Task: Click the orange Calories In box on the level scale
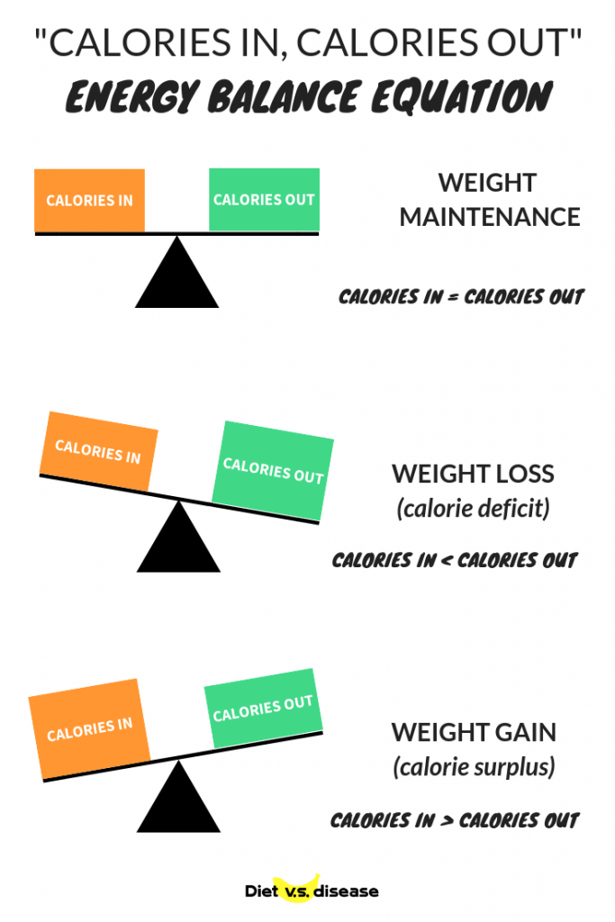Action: (89, 201)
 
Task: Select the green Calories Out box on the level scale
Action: (264, 199)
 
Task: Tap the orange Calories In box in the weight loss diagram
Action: (99, 452)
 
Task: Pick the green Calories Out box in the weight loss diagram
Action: (273, 471)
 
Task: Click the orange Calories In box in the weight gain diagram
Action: (89, 729)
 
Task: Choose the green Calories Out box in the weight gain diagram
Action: (264, 708)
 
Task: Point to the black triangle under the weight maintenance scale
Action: (177, 272)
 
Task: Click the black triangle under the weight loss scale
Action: (179, 537)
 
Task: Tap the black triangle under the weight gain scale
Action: (179, 796)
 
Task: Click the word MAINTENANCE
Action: (490, 218)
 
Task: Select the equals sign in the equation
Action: (453, 297)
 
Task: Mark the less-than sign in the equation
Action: (447, 561)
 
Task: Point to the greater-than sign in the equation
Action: (447, 821)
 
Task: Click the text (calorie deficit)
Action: (474, 508)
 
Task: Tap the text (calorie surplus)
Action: (474, 767)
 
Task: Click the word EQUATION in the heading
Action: (462, 97)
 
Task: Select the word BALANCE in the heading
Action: (284, 97)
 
